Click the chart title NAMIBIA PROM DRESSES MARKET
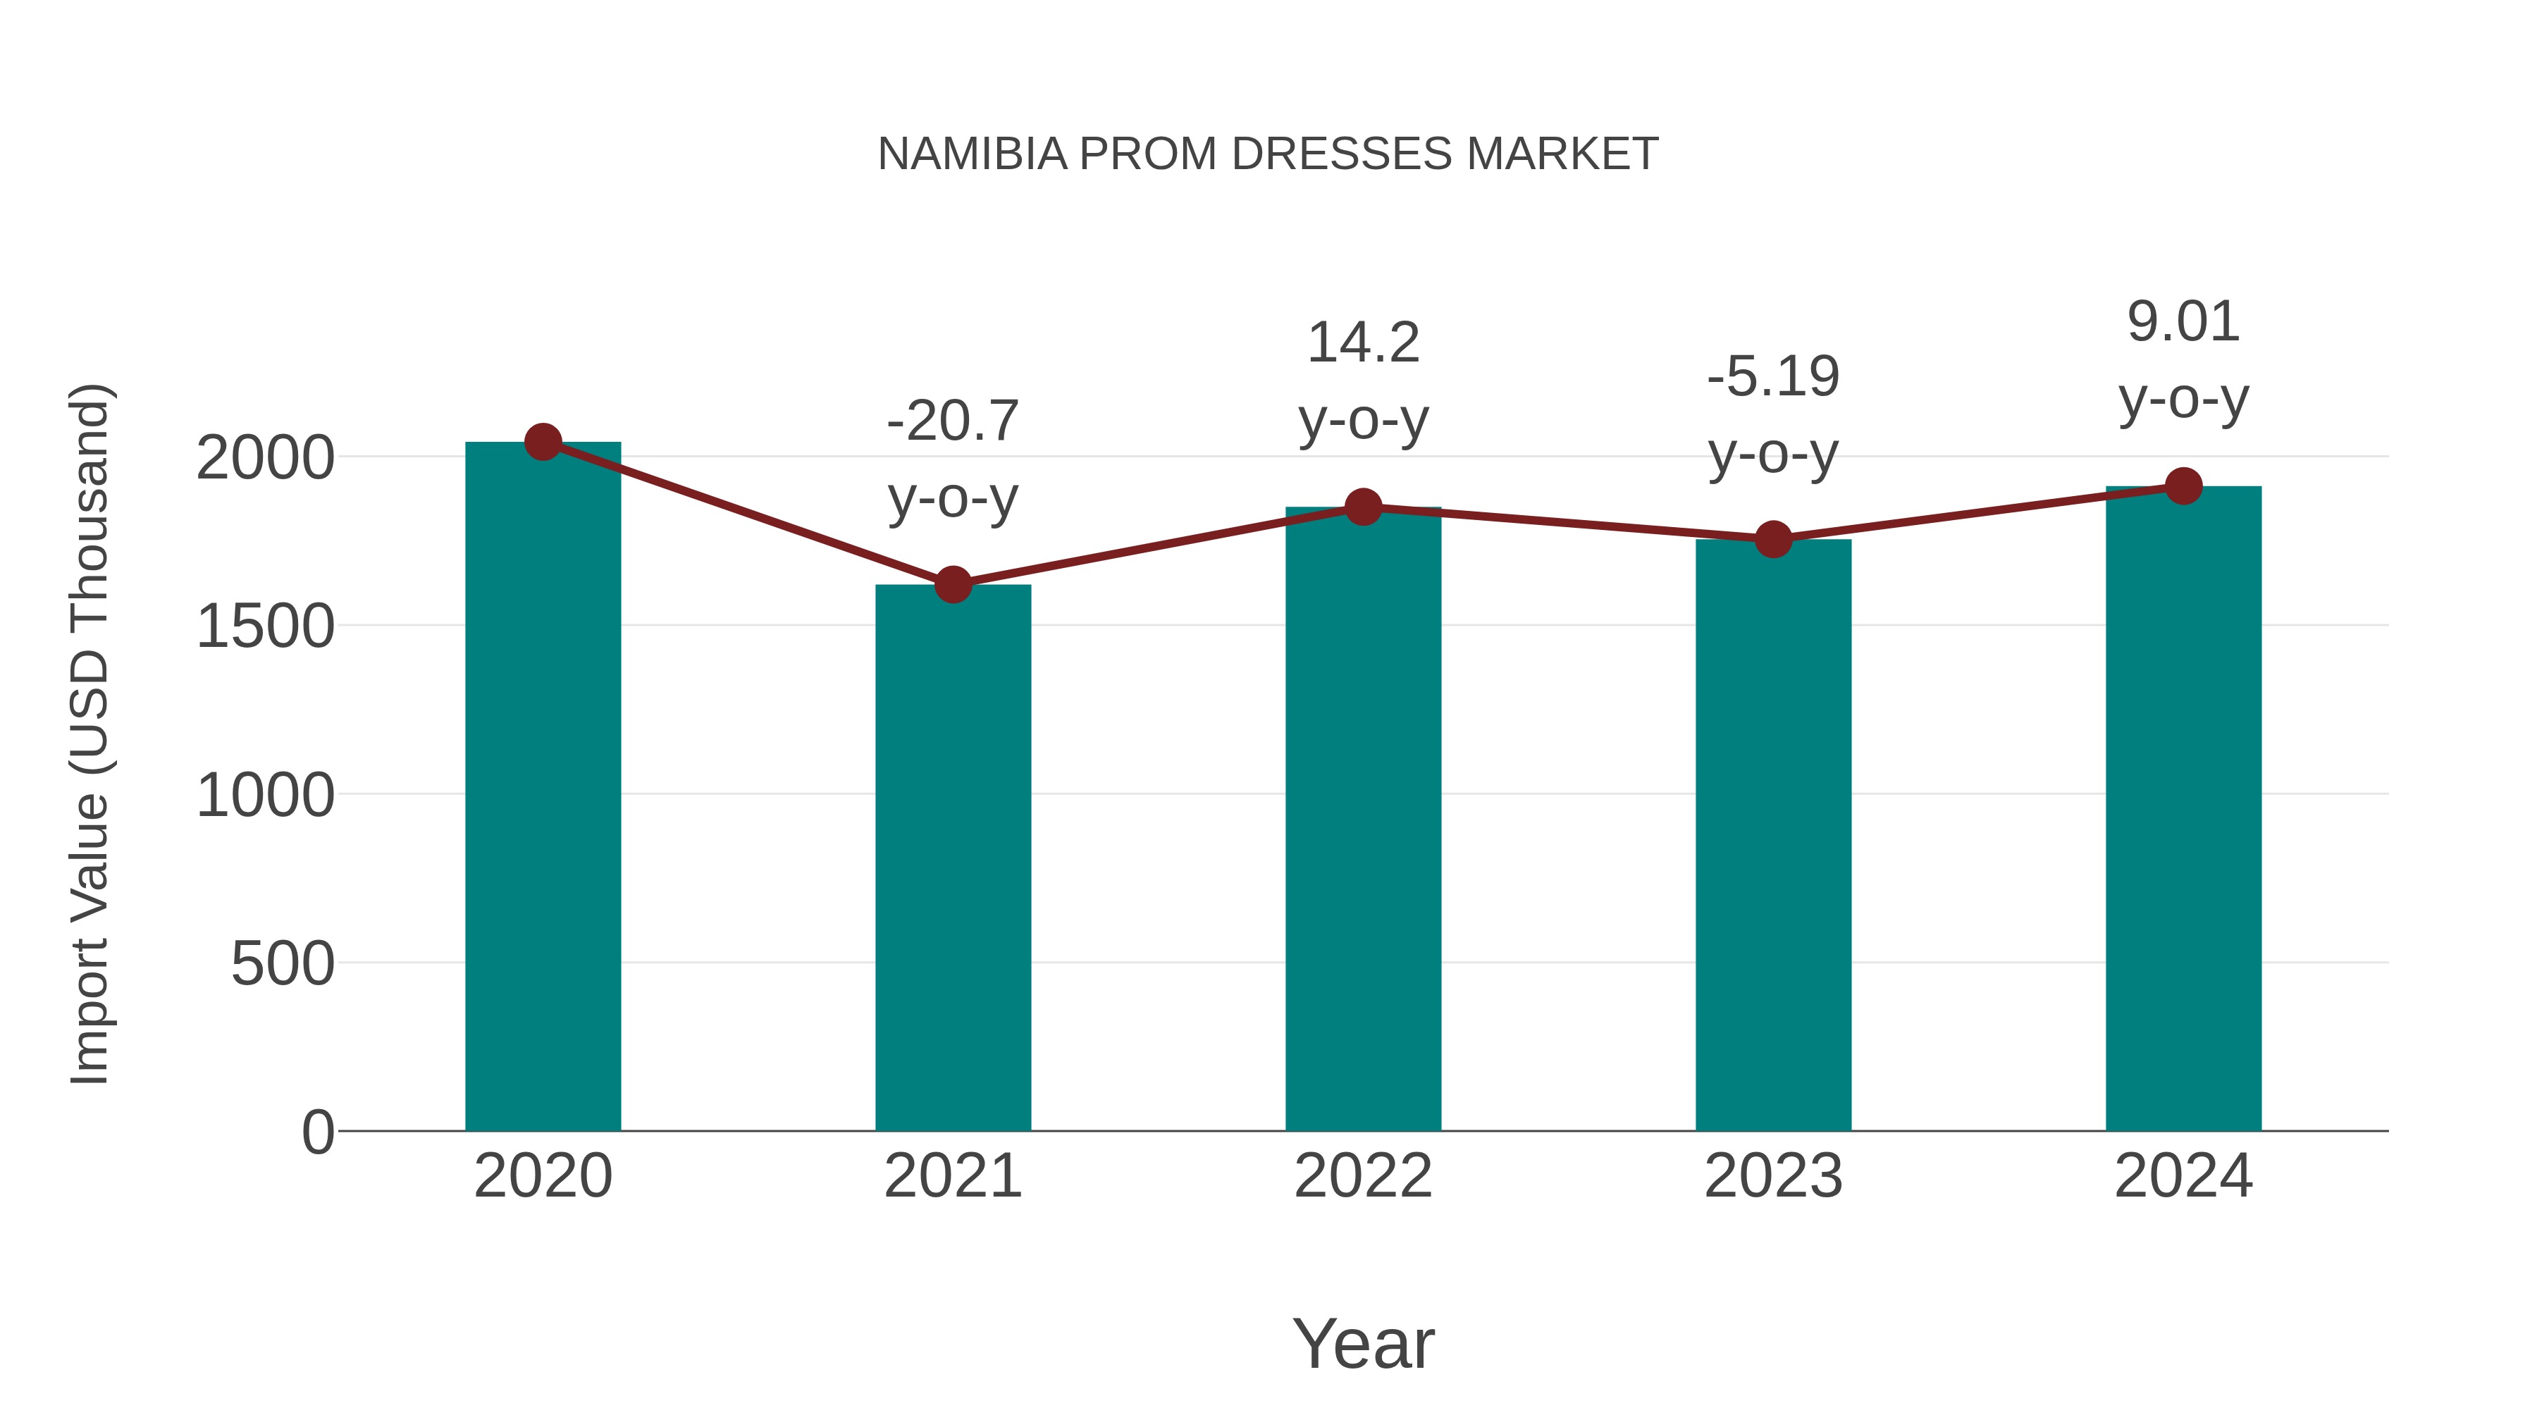[x=1268, y=154]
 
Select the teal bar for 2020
[x=543, y=788]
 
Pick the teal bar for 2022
[x=1363, y=817]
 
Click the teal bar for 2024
[x=2183, y=808]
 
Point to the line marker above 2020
[x=543, y=442]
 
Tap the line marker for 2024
[x=2183, y=486]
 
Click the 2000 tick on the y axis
[x=265, y=458]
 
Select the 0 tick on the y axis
[x=317, y=1132]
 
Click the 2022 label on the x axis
[x=1363, y=1176]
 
